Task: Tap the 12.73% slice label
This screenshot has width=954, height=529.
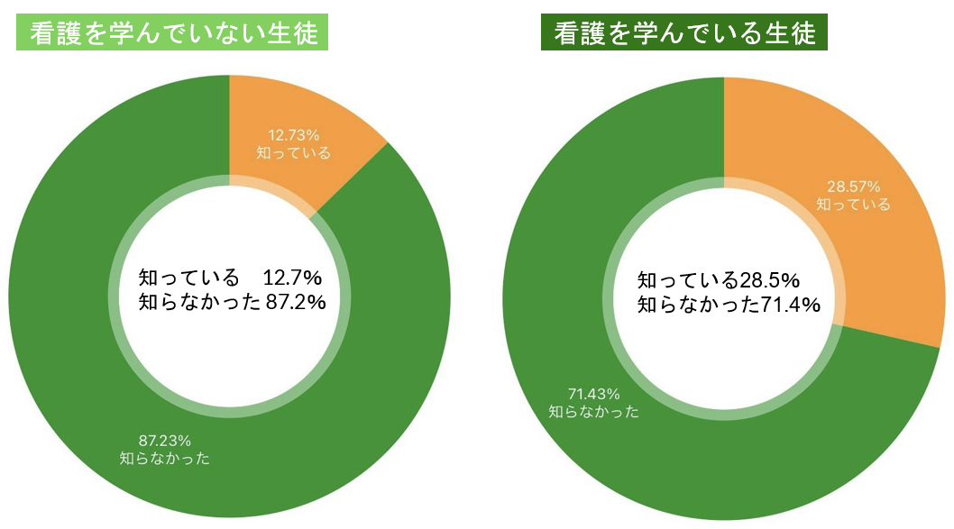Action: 293,135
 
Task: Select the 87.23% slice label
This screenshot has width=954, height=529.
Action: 165,441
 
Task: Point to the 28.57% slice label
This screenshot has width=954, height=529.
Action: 853,187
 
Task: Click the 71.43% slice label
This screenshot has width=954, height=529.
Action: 593,394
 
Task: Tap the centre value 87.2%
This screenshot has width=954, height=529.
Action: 295,301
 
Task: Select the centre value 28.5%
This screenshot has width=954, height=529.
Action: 769,279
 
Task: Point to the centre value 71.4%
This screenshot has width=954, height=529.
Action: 790,305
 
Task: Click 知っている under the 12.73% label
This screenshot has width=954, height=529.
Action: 293,152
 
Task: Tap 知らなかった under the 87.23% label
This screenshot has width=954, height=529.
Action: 165,459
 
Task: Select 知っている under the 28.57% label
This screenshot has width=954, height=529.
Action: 853,205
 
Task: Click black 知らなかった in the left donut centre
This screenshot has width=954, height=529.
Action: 200,301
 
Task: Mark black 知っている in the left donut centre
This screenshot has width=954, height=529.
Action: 189,276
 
